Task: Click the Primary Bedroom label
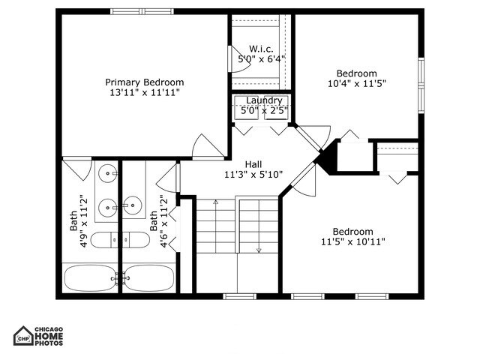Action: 144,82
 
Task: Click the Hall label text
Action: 253,164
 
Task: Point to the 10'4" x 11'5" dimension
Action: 356,84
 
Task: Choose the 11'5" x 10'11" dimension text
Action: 352,242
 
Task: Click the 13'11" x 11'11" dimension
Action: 144,92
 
